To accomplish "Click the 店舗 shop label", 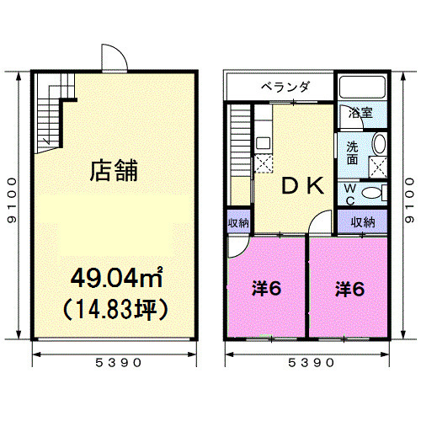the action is (x=114, y=170).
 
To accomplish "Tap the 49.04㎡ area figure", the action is (x=117, y=277).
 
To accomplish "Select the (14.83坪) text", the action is (x=115, y=309).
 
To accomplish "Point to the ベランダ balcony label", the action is (x=285, y=87).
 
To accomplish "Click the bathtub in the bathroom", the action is (x=362, y=87).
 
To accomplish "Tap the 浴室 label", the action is (x=360, y=113).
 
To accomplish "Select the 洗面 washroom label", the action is (x=352, y=153).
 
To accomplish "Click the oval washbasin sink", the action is (x=379, y=143).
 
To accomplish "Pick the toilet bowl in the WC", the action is (x=371, y=193).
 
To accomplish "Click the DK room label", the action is (x=303, y=186).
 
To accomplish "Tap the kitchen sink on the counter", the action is (x=264, y=143).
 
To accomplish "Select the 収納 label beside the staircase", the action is (x=238, y=223).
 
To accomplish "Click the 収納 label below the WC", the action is (x=363, y=222).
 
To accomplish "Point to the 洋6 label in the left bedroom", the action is (x=266, y=288).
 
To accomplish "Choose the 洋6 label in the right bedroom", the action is (x=349, y=289).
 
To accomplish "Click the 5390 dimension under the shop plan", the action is (x=118, y=363).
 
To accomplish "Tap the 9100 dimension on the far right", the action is (x=409, y=200).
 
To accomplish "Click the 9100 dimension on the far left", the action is (x=12, y=200).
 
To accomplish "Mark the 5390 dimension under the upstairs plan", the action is (x=311, y=363).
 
